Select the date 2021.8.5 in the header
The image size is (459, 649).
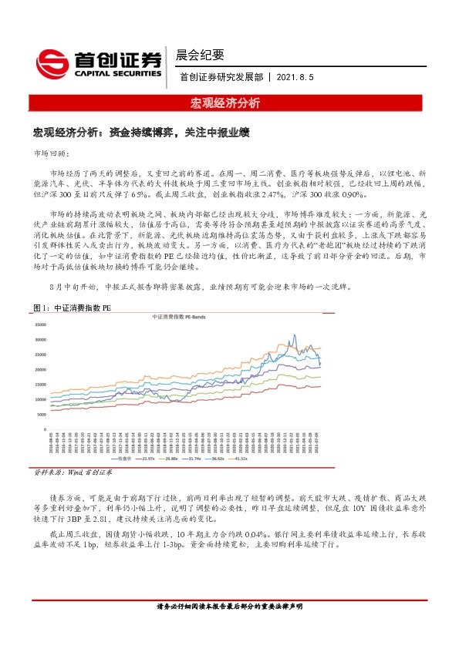295,78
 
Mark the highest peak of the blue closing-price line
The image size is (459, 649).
294,335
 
